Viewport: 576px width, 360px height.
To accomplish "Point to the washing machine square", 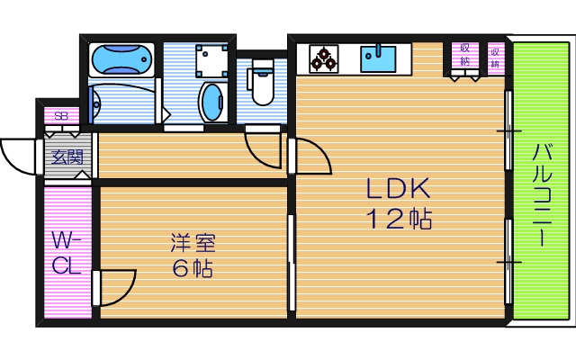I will click(213, 60).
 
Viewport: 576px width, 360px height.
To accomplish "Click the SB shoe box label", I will click(61, 116).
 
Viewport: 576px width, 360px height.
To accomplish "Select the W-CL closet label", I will click(66, 253).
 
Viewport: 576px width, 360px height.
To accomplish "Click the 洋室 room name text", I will click(193, 243).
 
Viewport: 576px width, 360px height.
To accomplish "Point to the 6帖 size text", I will click(193, 268).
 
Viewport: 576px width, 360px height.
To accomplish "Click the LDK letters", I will click(399, 189).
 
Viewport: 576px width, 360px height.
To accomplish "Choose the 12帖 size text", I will click(399, 219).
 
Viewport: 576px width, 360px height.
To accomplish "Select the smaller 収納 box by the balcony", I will click(495, 56).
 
